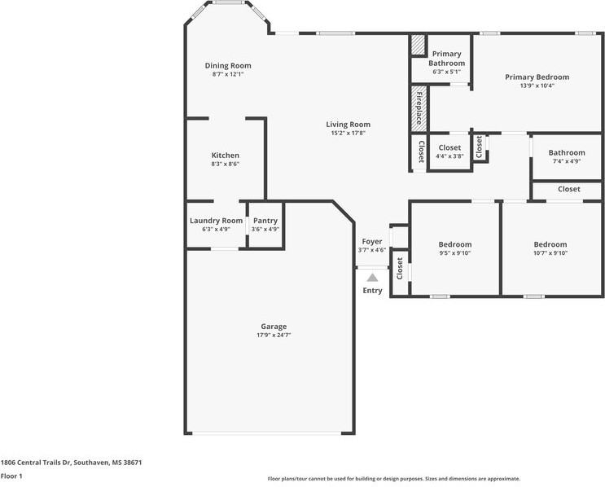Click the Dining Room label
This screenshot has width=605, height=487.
tap(227, 66)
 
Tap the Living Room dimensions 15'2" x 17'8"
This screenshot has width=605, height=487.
tap(349, 133)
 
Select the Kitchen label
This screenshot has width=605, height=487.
tap(226, 155)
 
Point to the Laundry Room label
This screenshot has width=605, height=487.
tap(216, 221)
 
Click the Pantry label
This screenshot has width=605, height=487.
tap(265, 221)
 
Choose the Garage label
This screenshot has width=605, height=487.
tap(274, 327)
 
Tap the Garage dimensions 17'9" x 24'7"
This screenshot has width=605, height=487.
tap(274, 335)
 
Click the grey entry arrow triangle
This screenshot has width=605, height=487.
tap(372, 278)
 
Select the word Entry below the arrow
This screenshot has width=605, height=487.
tap(372, 291)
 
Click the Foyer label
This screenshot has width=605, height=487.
tap(372, 242)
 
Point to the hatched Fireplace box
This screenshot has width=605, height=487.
tap(419, 107)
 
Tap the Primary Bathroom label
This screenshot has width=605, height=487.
tap(447, 59)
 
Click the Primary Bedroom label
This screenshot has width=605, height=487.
tap(537, 77)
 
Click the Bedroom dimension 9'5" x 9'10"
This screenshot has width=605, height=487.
tap(454, 253)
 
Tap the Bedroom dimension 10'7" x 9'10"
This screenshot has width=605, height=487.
tap(550, 253)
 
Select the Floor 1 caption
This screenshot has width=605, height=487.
tap(11, 476)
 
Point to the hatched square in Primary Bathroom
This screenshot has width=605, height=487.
tap(418, 44)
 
